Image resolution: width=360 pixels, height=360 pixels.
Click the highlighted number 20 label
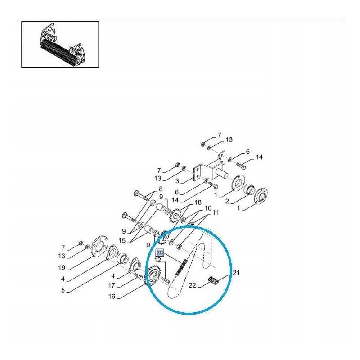point(160,253)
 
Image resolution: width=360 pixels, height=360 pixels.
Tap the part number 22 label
point(193,285)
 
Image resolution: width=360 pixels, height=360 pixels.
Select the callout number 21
point(236,273)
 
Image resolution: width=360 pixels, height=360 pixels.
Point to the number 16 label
point(112,297)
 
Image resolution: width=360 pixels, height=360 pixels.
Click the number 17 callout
point(112,285)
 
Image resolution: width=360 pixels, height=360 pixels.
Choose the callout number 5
point(63,290)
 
